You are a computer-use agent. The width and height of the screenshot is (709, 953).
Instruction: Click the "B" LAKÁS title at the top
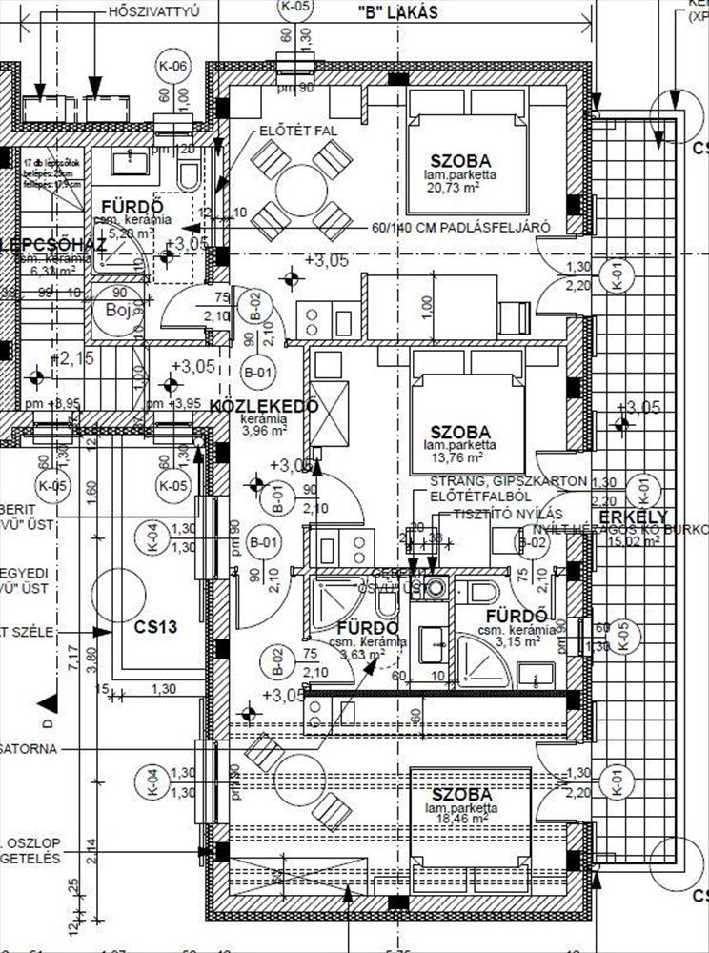[399, 12]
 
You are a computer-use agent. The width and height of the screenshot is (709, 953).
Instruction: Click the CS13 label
[156, 627]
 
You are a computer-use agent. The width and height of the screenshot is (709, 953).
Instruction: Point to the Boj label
[117, 311]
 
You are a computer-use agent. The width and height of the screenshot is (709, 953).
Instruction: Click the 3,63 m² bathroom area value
[367, 654]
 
